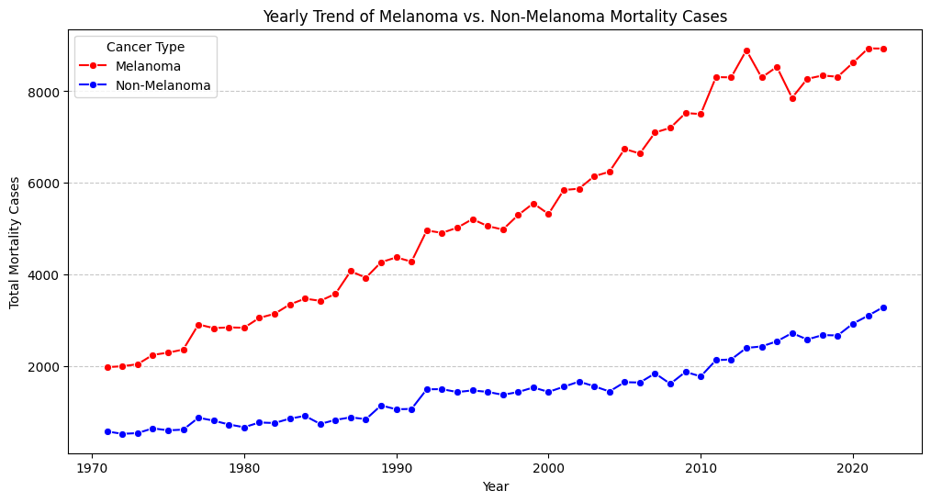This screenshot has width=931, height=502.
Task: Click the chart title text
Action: tap(495, 16)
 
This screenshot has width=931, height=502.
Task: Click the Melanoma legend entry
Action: tap(154, 66)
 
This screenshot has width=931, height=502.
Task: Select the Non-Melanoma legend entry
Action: tap(169, 86)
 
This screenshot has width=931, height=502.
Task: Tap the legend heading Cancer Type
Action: tap(145, 47)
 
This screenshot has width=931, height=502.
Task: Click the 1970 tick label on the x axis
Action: tap(92, 468)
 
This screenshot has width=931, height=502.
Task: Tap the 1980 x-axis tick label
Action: tap(244, 468)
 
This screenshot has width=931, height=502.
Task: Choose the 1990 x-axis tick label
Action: tap(397, 468)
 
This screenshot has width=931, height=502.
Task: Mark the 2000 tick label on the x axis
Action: tap(548, 468)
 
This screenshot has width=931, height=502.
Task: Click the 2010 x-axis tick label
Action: tap(701, 468)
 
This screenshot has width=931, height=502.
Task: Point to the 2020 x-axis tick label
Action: tap(853, 468)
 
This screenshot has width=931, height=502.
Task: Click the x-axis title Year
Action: tap(495, 487)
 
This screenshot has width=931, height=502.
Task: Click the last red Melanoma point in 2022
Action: tap(883, 49)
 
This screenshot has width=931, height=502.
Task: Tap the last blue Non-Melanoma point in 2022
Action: tap(883, 307)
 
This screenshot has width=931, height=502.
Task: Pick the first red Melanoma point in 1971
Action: tap(107, 367)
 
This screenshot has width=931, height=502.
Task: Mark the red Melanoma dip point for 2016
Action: tap(792, 98)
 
